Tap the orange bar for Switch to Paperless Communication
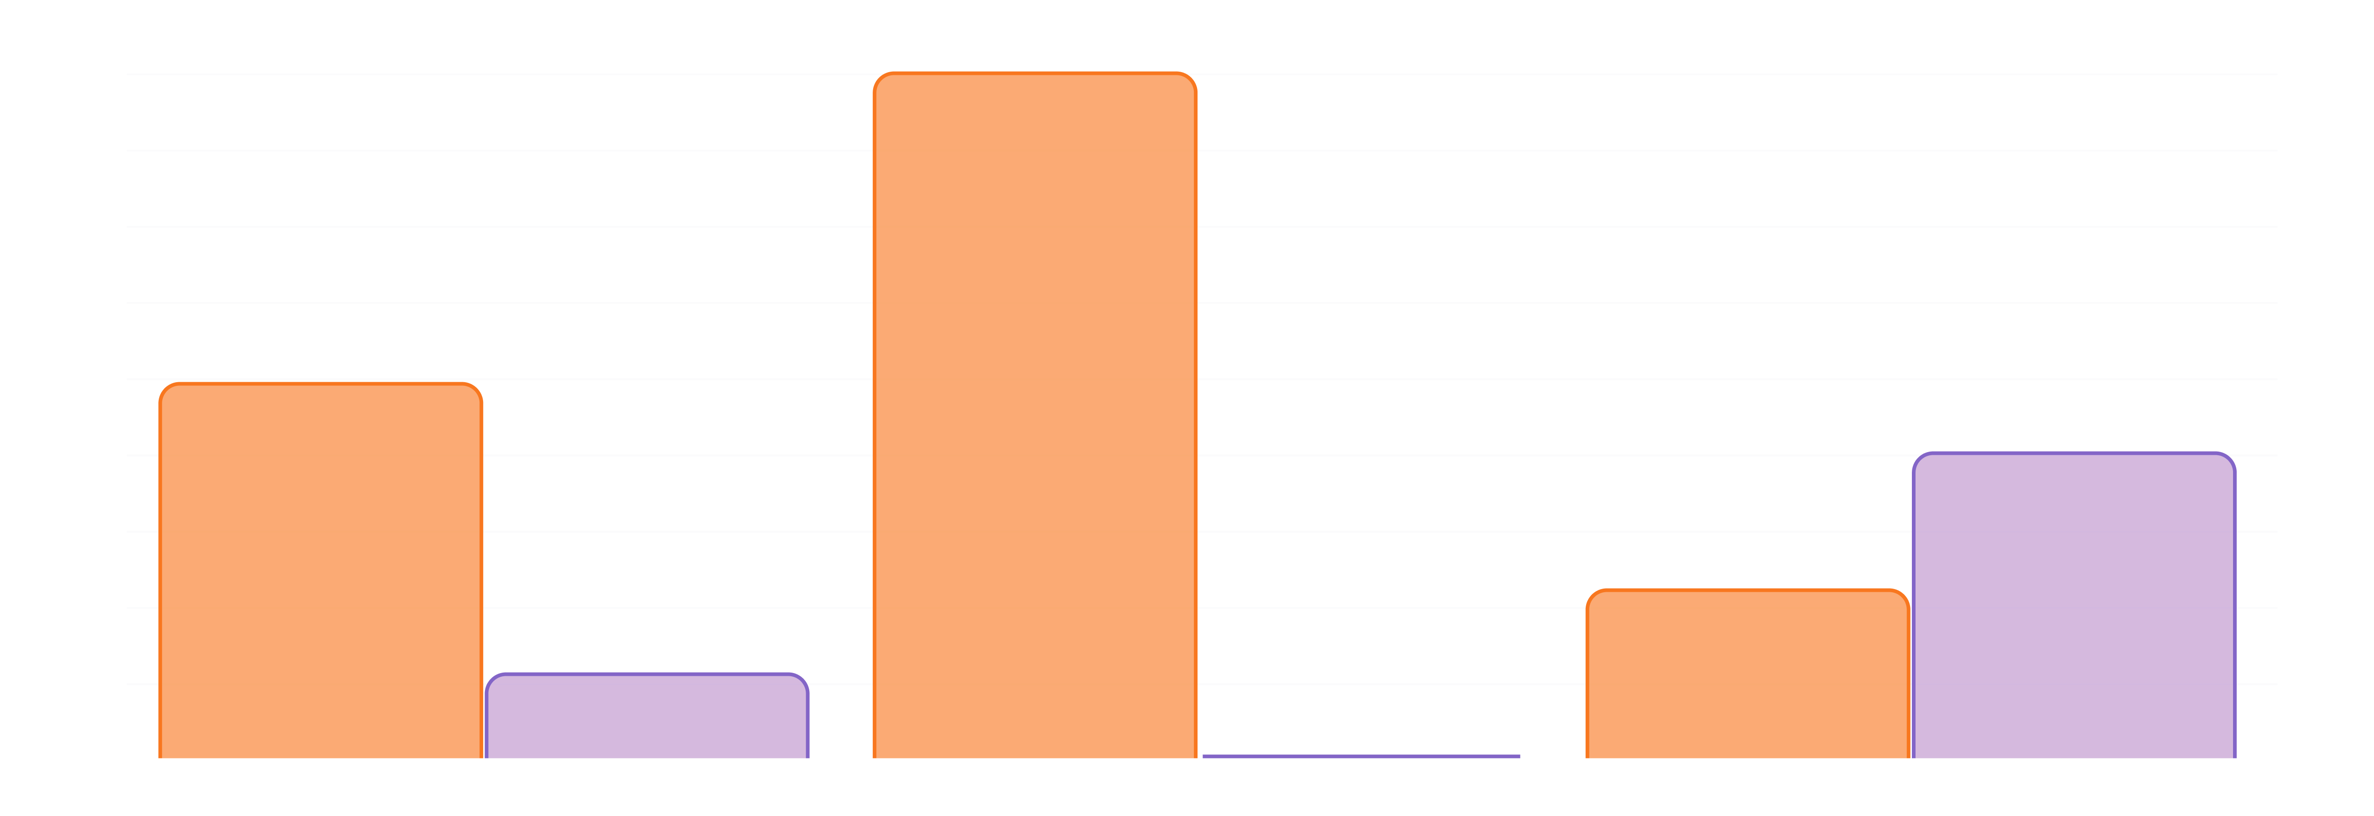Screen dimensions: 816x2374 click(x=1035, y=415)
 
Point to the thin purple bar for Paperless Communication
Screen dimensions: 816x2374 click(x=1361, y=756)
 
